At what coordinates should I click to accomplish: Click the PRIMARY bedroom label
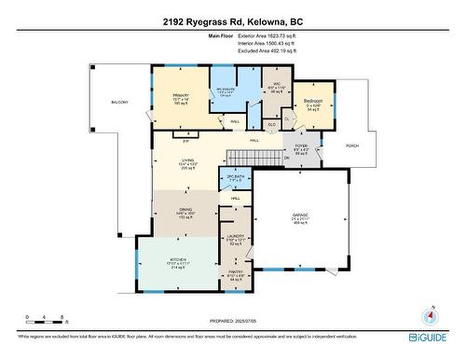(181, 95)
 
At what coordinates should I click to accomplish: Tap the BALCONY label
(120, 101)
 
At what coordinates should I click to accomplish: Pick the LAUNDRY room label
(236, 237)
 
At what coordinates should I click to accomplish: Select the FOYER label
(301, 146)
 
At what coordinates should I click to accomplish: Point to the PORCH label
(352, 145)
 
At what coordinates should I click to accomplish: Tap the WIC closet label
(274, 83)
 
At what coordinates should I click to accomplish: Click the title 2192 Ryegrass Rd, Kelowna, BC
(232, 21)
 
